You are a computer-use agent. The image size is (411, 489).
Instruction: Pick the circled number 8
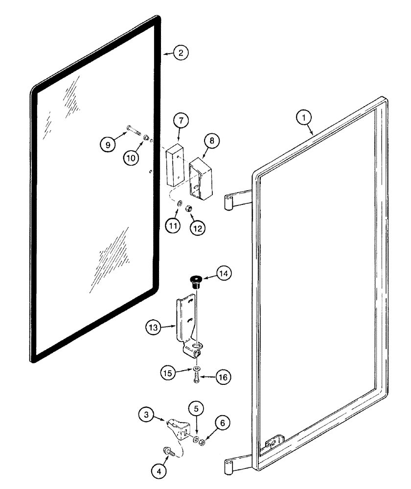pyautogui.click(x=212, y=141)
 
